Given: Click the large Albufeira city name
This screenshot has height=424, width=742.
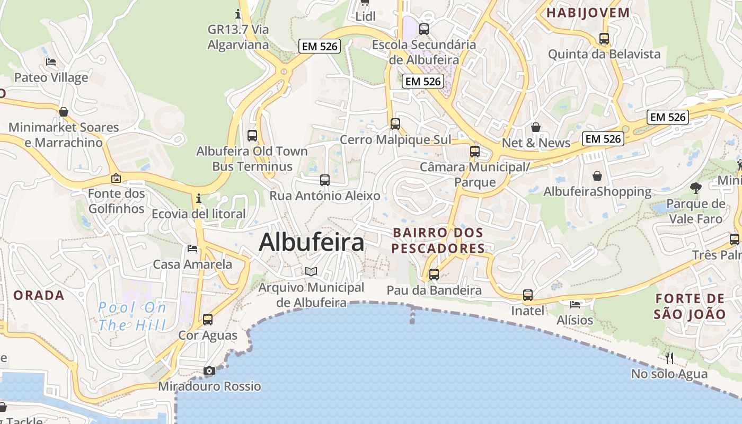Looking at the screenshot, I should pos(312,243).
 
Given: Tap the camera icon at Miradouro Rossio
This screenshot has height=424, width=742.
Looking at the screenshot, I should pos(209,371).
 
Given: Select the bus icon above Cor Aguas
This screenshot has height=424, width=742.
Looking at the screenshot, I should pos(208,320).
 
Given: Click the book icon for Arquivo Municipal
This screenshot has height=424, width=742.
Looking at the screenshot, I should pos(311,272).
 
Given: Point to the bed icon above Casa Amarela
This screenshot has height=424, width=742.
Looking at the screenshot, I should pos(192,249).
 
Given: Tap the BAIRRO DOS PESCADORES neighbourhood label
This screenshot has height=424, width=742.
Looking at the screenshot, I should pos(438,240).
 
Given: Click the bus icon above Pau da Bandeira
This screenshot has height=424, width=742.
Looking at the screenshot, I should pos(434,275).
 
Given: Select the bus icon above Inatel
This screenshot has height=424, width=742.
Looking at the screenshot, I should pos(528,295).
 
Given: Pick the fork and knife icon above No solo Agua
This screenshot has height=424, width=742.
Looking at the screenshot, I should pos(669,358).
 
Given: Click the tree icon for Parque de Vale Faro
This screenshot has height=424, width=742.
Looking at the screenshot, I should pos(696,188).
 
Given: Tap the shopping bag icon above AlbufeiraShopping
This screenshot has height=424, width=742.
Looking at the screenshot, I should pos(597,175).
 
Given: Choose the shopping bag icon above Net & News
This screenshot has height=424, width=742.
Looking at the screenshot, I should pos(536,127).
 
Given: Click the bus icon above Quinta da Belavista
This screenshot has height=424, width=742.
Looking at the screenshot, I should pos(604,38).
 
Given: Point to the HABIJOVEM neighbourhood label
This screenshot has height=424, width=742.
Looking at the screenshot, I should pos(588,13).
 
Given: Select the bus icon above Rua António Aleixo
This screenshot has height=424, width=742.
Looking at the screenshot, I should pos(325,180).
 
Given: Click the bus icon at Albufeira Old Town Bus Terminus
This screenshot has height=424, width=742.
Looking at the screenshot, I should pos(252,135).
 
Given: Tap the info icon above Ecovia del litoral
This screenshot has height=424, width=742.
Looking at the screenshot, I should pos(199,198).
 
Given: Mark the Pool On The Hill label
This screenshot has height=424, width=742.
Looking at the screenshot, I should pos(132,316).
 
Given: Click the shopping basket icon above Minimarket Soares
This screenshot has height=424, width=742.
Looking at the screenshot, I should pos(64,112).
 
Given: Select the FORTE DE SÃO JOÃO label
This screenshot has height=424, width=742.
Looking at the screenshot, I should pos(690,306).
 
